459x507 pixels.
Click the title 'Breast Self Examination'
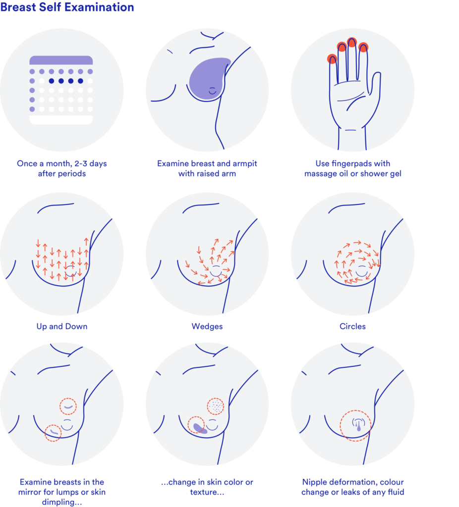[x=67, y=7]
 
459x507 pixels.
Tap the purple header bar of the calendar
[x=61, y=60]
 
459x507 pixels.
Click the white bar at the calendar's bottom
[x=61, y=120]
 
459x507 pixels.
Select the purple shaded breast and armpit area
[x=209, y=79]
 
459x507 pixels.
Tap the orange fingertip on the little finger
[x=332, y=59]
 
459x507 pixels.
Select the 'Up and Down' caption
[x=62, y=326]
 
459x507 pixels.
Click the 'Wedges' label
[x=207, y=326]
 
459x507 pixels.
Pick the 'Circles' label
[x=352, y=326]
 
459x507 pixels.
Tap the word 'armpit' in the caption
[x=245, y=163]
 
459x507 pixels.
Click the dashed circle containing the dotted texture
[x=216, y=406]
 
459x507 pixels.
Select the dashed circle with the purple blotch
[x=196, y=425]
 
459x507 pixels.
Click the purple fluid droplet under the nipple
[x=359, y=427]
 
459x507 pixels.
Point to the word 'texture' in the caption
[x=202, y=492]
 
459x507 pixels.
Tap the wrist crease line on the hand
[x=350, y=130]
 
